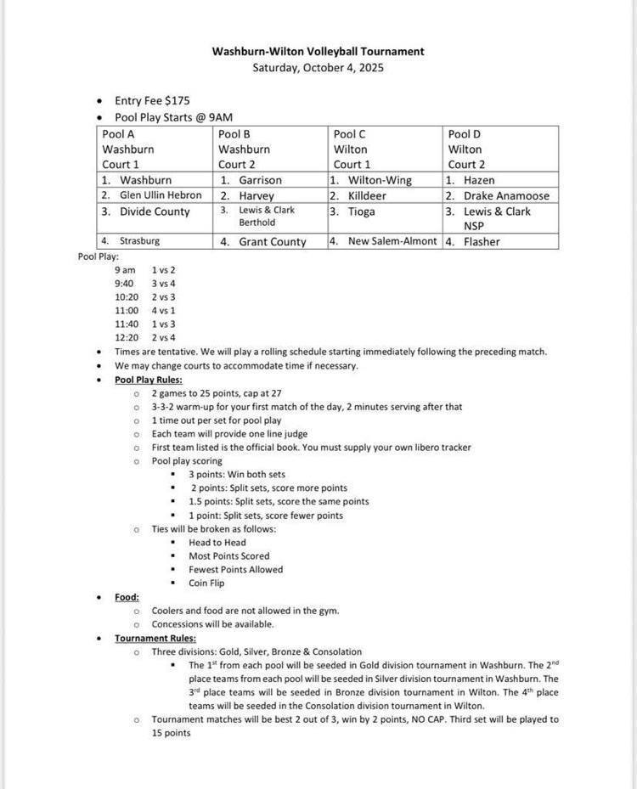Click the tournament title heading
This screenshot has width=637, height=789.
tap(318, 52)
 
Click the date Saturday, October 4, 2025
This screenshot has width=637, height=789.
tap(318, 67)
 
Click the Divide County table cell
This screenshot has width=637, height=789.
tap(155, 211)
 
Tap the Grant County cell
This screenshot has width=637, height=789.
tap(272, 242)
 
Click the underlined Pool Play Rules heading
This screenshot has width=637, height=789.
tap(148, 380)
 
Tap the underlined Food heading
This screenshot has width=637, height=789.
tap(127, 597)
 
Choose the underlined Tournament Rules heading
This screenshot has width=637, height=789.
tap(155, 638)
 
